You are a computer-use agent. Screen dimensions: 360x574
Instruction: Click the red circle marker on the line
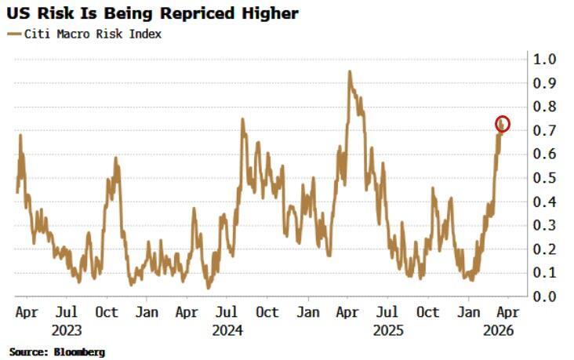click(503, 124)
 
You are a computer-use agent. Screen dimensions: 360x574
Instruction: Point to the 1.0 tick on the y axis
click(546, 60)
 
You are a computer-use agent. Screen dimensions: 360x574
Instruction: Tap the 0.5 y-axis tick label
click(546, 178)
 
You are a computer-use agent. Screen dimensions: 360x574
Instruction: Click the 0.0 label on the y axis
click(546, 296)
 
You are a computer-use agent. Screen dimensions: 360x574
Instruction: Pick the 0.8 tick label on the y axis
click(546, 107)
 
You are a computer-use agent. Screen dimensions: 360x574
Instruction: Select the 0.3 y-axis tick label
click(546, 225)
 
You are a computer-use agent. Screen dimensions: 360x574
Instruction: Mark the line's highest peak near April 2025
click(350, 72)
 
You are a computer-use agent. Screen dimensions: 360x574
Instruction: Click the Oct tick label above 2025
click(428, 312)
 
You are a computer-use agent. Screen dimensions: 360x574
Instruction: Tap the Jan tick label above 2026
click(469, 312)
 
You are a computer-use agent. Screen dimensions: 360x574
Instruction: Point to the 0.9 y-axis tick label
click(546, 83)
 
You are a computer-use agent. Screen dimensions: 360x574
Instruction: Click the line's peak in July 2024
click(242, 119)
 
